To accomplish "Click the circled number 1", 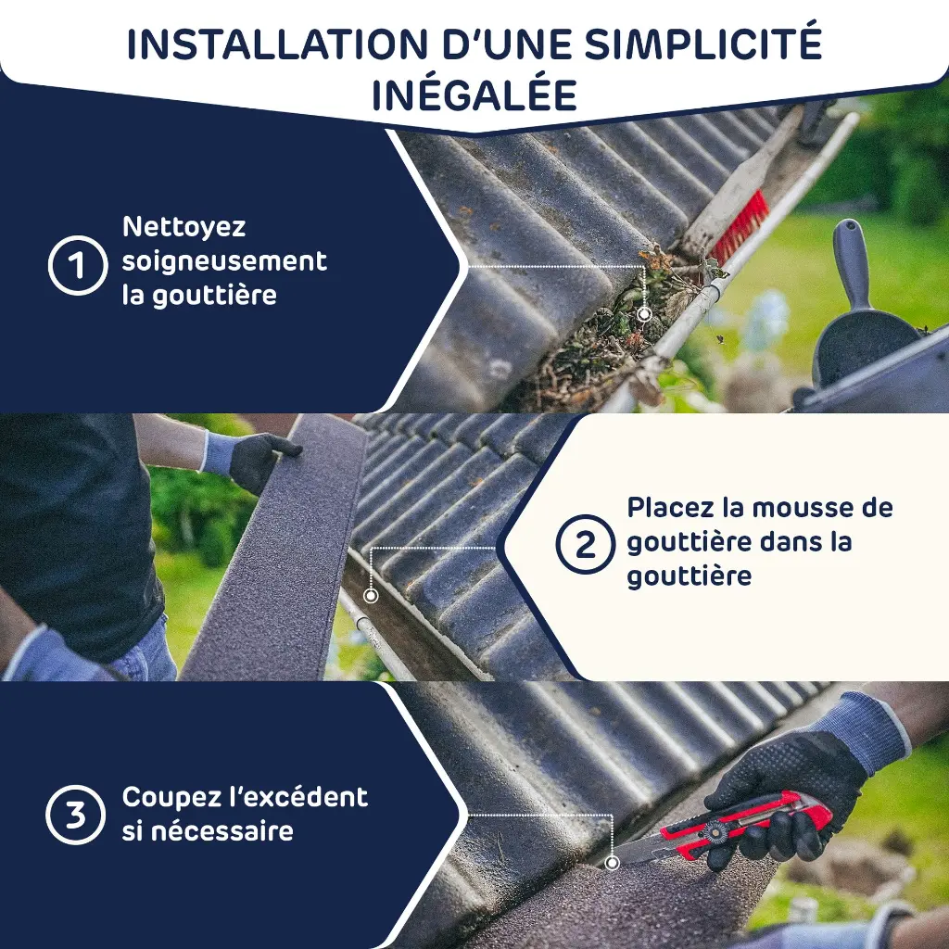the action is point(78,265).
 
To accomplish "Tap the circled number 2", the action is point(586,544).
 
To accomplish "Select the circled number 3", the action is point(76,815).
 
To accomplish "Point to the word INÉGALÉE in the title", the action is point(474,95).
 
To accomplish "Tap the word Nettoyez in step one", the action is point(184,228).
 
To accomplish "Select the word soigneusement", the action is point(224,261).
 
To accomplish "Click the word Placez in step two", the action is point(670,507).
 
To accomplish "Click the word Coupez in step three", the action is point(167,798).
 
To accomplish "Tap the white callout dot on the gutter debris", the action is point(644,313).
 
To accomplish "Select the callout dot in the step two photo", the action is point(371,596).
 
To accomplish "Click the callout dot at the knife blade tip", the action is point(613,863).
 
